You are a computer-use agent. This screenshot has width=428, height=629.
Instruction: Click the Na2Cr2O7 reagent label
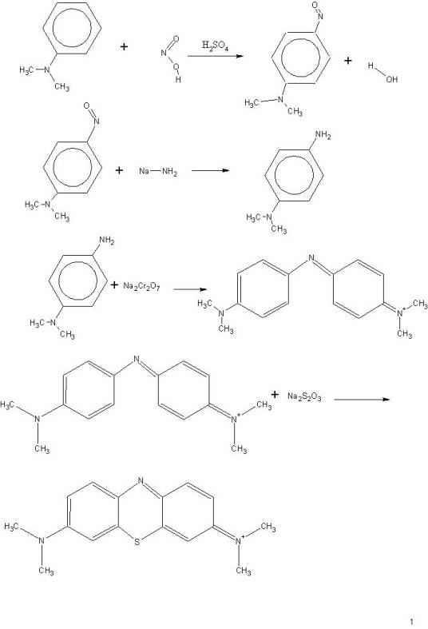pyautogui.click(x=141, y=286)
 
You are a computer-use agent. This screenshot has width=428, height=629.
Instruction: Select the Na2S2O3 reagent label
pyautogui.click(x=304, y=396)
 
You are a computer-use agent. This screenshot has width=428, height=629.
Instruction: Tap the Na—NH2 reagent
pyautogui.click(x=158, y=171)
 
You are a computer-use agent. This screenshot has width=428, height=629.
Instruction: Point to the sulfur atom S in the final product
pyautogui.click(x=137, y=543)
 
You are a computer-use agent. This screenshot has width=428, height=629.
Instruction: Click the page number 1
pyautogui.click(x=411, y=621)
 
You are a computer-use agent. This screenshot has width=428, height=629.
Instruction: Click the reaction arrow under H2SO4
pyautogui.click(x=216, y=56)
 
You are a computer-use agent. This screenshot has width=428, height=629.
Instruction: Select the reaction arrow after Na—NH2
pyautogui.click(x=210, y=170)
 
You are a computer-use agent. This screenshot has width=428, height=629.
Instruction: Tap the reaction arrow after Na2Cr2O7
pyautogui.click(x=190, y=289)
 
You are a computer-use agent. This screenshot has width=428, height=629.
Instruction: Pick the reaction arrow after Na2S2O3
pyautogui.click(x=362, y=399)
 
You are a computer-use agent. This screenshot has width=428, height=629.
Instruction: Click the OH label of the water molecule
pyautogui.click(x=391, y=79)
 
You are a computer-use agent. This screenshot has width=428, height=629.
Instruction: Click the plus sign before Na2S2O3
pyautogui.click(x=275, y=395)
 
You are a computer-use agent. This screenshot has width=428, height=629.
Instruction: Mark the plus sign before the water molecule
pyautogui.click(x=348, y=61)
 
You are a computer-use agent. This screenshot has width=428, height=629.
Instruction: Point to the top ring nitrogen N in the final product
pyautogui.click(x=140, y=480)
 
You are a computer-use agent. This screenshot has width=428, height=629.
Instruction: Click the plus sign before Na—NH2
pyautogui.click(x=119, y=170)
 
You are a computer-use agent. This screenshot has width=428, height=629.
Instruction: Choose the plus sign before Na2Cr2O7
pyautogui.click(x=115, y=285)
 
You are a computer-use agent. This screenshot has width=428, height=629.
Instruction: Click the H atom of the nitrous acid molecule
pyautogui.click(x=178, y=79)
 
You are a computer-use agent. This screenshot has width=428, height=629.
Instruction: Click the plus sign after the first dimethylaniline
pyautogui.click(x=125, y=47)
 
